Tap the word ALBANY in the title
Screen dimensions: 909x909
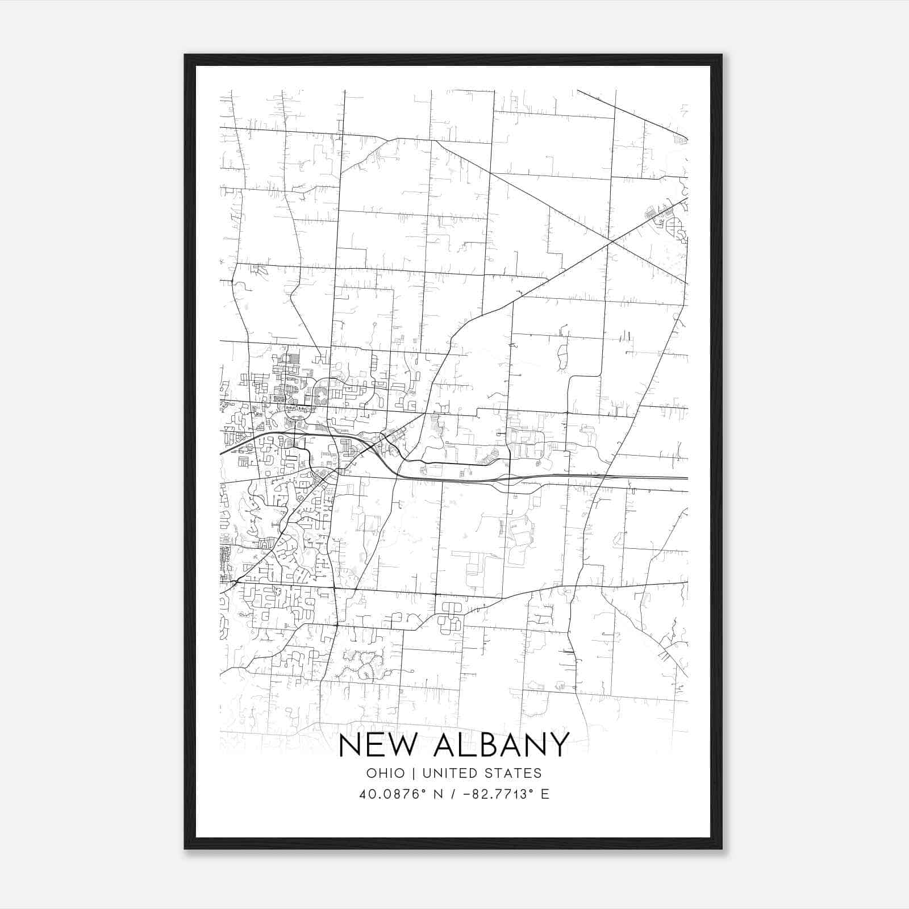coord(501,745)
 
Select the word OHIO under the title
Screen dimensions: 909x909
coord(386,773)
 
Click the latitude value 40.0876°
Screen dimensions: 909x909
coord(392,794)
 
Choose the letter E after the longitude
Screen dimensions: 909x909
coord(545,794)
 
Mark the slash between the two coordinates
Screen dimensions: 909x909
coord(452,794)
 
